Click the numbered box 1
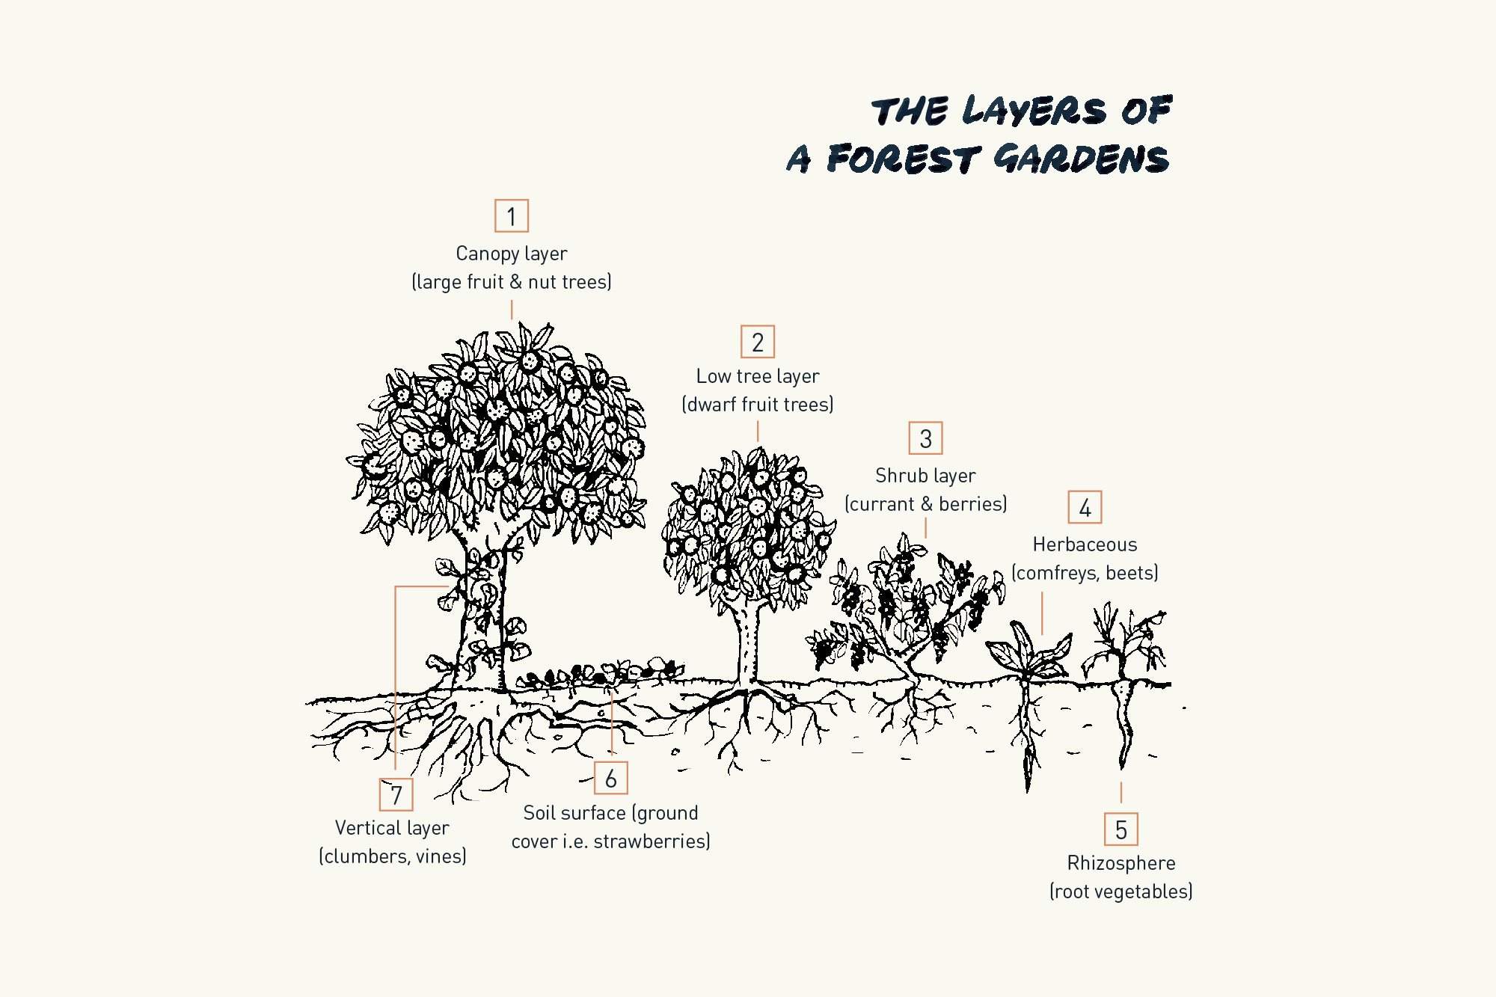point(512,216)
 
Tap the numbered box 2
point(758,342)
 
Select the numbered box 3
point(925,438)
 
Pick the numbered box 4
point(1085,507)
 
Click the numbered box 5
point(1121,829)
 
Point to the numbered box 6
point(611,778)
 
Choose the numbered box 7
point(396,794)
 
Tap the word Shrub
point(899,476)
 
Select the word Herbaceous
point(1085,544)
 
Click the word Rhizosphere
point(1121,863)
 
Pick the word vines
point(440,856)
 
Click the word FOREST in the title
point(902,159)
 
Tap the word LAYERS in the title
point(1034,111)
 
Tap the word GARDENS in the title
point(1082,159)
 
